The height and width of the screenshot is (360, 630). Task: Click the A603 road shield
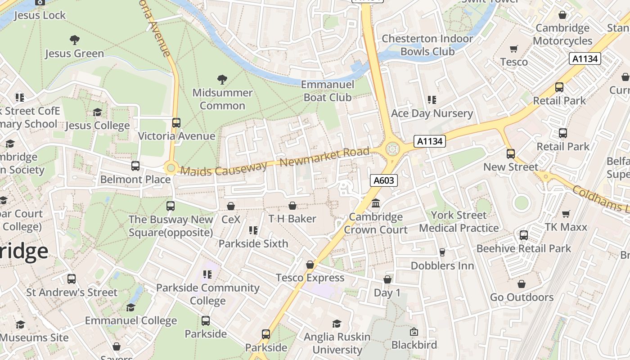click(384, 180)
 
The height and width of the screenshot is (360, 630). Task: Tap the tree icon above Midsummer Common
click(222, 80)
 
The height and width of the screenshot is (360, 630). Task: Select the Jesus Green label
click(74, 54)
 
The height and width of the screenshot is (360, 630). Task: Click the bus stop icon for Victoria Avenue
click(176, 123)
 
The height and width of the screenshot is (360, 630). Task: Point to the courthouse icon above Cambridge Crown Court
click(376, 203)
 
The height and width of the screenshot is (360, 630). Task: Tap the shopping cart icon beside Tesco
click(514, 49)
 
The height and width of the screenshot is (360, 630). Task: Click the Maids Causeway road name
click(224, 169)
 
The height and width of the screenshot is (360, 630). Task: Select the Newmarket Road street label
click(324, 157)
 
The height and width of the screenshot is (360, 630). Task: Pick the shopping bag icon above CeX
click(231, 206)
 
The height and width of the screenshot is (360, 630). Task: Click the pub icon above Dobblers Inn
click(442, 252)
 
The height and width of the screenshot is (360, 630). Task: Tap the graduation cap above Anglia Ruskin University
click(337, 324)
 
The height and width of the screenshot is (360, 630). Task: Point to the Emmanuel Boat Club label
click(328, 91)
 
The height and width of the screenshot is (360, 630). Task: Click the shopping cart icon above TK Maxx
click(566, 214)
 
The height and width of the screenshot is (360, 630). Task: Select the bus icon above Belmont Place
click(135, 166)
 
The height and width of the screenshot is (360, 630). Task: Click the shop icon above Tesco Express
click(310, 265)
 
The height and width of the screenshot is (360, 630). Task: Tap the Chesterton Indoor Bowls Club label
click(427, 45)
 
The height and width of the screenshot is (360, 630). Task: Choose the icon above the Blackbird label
click(414, 332)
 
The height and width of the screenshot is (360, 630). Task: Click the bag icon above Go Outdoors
click(521, 284)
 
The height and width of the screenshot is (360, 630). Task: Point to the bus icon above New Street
click(510, 154)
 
